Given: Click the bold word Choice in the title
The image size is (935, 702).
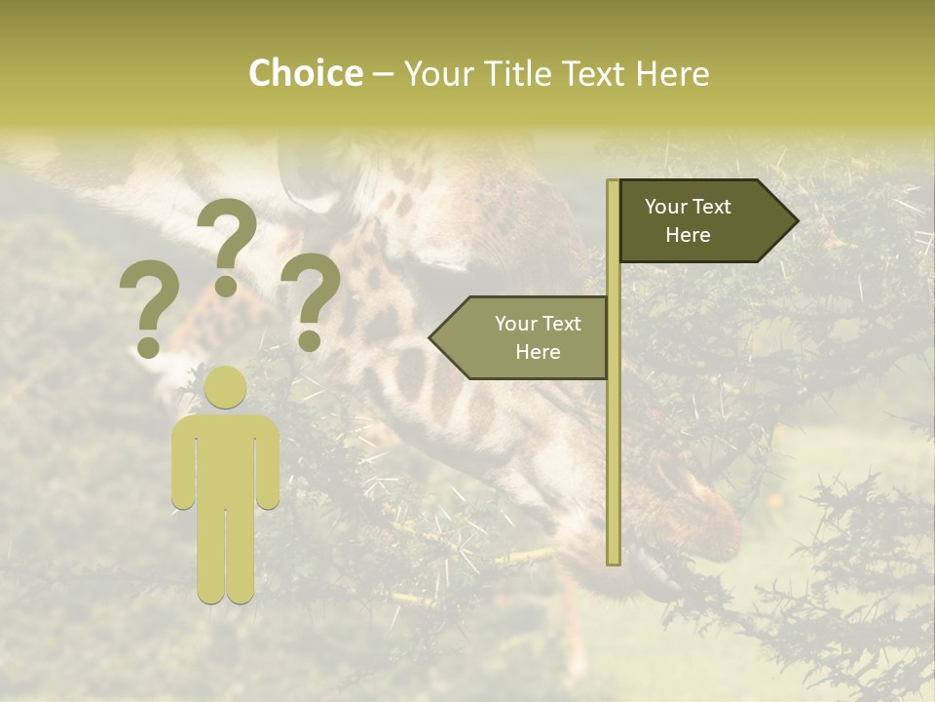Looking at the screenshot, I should (x=305, y=73).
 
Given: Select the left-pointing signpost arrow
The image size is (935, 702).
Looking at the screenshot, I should (x=521, y=337).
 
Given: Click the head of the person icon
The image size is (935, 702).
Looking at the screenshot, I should (x=225, y=388).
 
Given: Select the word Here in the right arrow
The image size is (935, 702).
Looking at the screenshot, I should (x=688, y=235).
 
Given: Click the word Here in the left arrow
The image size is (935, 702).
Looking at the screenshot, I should (x=538, y=352).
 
